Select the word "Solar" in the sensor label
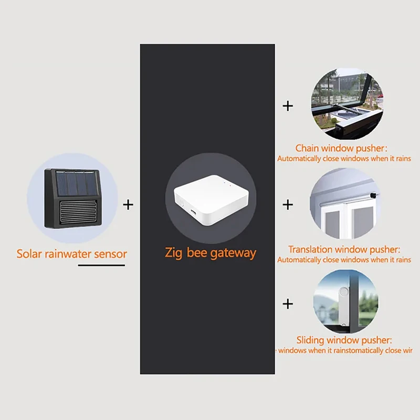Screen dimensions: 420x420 pos(29,254)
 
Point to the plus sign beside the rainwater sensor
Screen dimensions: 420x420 pos(128,204)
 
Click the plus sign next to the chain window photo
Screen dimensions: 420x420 pos(288,106)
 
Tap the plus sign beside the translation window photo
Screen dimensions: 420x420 pos(288,204)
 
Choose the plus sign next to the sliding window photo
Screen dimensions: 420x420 pos(288,303)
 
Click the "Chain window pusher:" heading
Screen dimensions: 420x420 pos(344,149)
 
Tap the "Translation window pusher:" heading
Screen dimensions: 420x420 pos(344,250)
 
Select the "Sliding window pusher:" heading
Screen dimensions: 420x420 pos(344,341)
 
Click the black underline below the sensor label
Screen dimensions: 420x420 pos(101,266)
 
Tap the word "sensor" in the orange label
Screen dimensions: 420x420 pos(110,254)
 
